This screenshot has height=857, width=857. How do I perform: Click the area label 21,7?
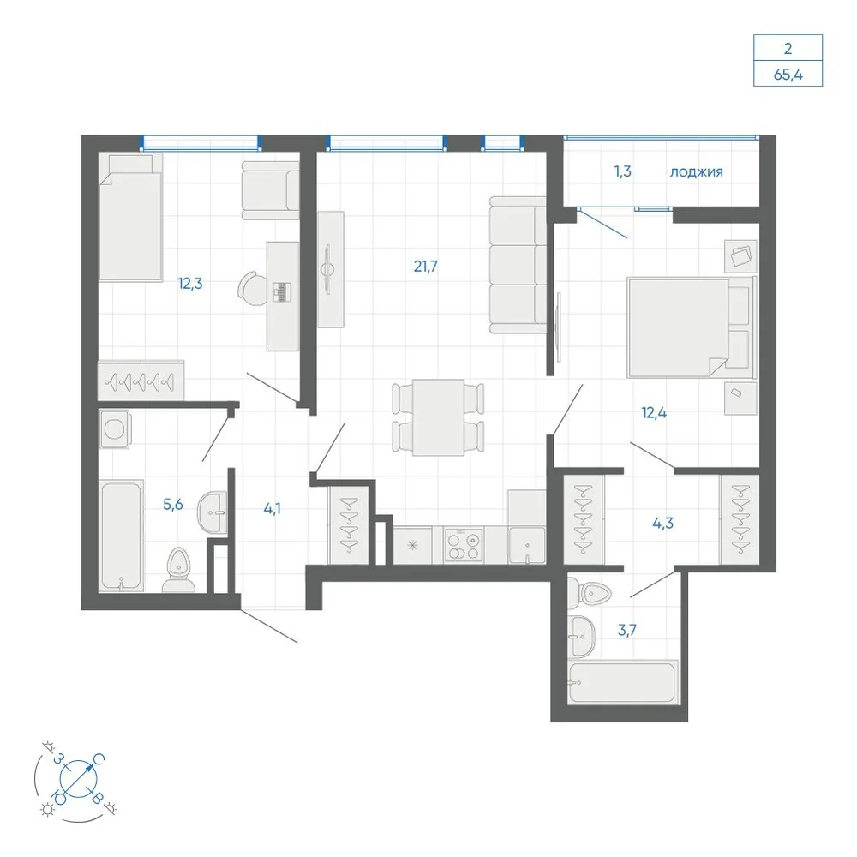425,267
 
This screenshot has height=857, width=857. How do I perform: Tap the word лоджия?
696,171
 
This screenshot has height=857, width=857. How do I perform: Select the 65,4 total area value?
788,75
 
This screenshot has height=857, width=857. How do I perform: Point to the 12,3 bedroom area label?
189,283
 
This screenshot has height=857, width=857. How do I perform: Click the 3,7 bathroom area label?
627,630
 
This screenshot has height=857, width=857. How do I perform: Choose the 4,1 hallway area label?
273,509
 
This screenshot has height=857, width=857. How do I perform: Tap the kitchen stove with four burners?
464,545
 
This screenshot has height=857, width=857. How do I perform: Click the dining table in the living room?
438,417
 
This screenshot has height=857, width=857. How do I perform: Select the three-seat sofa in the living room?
518,265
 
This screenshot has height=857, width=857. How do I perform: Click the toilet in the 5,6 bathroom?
178,570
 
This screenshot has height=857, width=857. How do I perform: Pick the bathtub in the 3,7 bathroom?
622,682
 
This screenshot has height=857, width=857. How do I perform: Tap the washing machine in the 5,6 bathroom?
115,429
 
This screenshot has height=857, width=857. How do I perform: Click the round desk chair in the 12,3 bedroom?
251,289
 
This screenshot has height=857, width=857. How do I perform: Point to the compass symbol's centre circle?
77,778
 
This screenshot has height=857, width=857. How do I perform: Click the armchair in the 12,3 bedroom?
271,190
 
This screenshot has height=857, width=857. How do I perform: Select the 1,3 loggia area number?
622,171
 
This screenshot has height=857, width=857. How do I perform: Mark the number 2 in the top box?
788,49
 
